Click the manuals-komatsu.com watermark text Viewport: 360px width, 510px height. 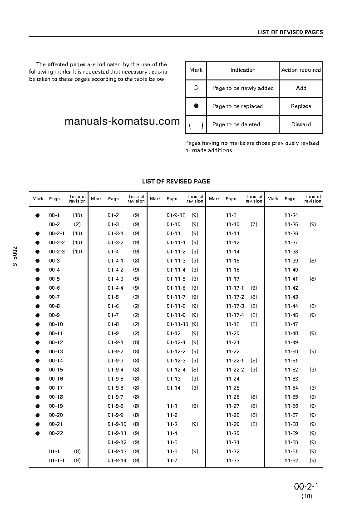click(122, 121)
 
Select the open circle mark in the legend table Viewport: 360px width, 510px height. click(196, 88)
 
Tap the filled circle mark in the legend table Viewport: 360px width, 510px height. click(196, 106)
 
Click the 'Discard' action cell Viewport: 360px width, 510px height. click(301, 124)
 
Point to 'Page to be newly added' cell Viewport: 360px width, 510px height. click(243, 88)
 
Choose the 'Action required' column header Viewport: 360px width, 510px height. click(301, 70)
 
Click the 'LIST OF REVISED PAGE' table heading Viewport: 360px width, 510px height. click(176, 181)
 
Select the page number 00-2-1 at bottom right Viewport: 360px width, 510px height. click(306, 486)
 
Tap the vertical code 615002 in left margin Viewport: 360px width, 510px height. click(15, 257)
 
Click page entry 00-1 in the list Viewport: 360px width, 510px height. click(54, 215)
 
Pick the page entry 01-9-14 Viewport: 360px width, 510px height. click(117, 460)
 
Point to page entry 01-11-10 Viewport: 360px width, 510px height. click(177, 324)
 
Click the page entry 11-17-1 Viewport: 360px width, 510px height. click(235, 288)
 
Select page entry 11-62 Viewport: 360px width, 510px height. click(291, 460)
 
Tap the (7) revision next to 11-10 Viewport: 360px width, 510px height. click(254, 224)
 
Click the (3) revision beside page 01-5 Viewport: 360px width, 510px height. click(136, 297)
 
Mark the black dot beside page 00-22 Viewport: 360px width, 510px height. click(38, 433)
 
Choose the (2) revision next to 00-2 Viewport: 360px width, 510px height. click(78, 224)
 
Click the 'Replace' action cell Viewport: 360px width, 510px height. click(301, 106)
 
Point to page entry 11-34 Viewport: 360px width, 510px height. click(291, 215)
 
